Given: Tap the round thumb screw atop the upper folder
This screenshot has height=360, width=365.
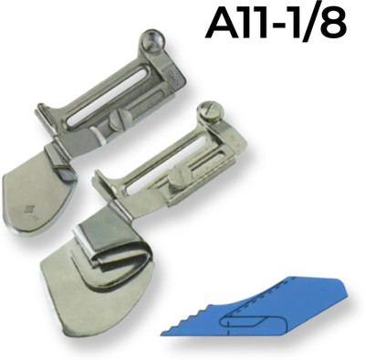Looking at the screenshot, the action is tap(153, 39).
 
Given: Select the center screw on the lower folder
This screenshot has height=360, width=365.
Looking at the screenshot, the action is tap(178, 177).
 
